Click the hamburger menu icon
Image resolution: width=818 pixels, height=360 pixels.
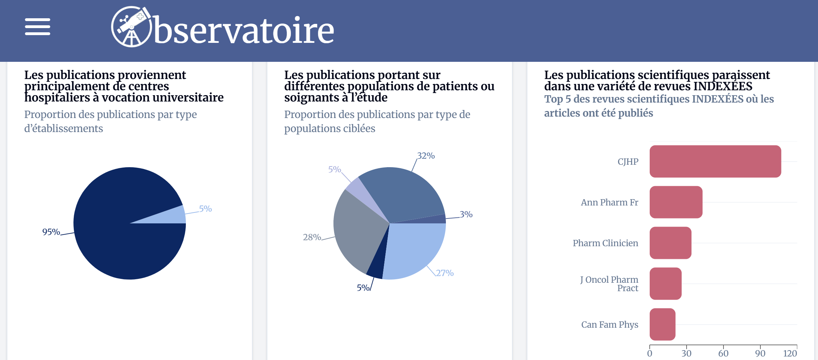tap(38, 27)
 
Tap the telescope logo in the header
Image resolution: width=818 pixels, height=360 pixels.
tap(131, 27)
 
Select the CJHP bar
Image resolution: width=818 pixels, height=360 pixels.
tap(715, 162)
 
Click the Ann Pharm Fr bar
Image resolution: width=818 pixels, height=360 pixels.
tap(676, 202)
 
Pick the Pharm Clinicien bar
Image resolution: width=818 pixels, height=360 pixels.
tap(670, 243)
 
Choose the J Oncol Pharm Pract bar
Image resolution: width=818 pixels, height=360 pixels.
tap(665, 284)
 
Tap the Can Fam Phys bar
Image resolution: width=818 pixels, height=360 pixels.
tap(662, 325)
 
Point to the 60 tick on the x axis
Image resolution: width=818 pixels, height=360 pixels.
tap(723, 353)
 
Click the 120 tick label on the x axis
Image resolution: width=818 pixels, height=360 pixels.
tap(790, 353)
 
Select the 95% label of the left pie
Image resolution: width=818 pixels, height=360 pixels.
tap(51, 232)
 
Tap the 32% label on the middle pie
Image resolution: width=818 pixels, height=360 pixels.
tap(426, 156)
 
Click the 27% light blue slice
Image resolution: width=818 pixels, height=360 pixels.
tap(415, 249)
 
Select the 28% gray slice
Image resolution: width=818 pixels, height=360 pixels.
tap(355, 232)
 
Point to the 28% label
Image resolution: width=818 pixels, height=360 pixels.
tap(312, 237)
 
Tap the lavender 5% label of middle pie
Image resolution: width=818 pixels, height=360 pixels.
tap(335, 169)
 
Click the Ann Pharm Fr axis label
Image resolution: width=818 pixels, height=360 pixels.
tap(609, 203)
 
